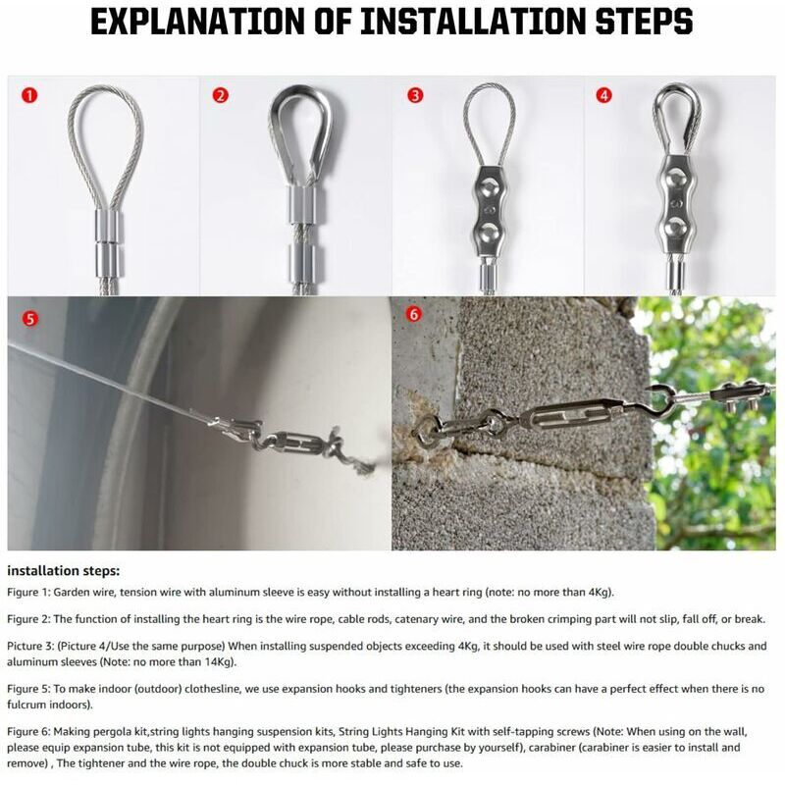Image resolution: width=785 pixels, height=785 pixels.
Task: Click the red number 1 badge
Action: pyautogui.click(x=29, y=95)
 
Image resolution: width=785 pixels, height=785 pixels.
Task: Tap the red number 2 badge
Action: pyautogui.click(x=220, y=95)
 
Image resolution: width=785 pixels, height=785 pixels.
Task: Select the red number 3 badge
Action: pyautogui.click(x=415, y=95)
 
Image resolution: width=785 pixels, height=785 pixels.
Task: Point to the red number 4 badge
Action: pyautogui.click(x=604, y=95)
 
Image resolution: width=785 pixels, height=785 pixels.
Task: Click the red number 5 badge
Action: pyautogui.click(x=30, y=319)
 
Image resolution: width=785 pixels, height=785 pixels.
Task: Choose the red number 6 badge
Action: pyautogui.click(x=414, y=314)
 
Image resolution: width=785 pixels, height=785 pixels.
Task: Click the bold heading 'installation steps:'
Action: pyautogui.click(x=64, y=571)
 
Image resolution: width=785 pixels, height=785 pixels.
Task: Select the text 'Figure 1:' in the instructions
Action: pyautogui.click(x=28, y=593)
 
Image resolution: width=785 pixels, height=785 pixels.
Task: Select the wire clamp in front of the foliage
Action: pyautogui.click(x=745, y=393)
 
